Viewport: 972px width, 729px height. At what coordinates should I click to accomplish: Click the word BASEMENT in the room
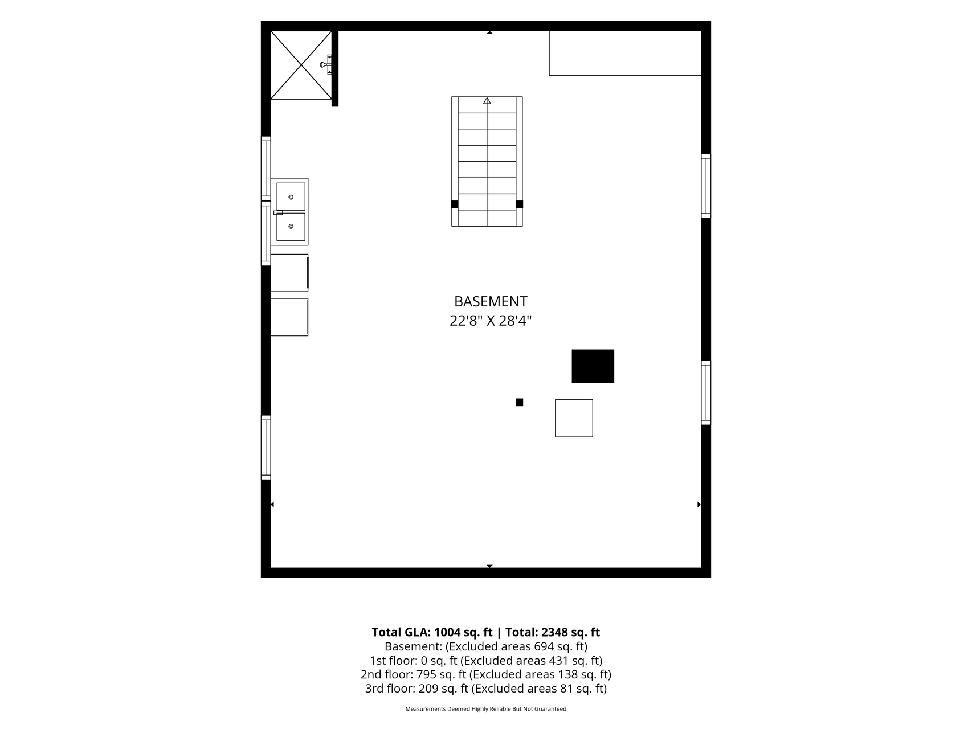click(491, 301)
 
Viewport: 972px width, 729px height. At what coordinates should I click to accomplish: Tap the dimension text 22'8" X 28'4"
click(491, 321)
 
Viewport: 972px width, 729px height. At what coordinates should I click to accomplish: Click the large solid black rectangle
click(593, 366)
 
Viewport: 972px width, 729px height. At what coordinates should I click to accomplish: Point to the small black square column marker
click(519, 402)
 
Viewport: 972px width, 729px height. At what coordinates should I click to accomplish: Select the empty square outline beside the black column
click(574, 418)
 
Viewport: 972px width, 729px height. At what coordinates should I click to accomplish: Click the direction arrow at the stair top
click(487, 101)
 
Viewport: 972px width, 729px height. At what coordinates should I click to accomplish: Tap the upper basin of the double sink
click(291, 196)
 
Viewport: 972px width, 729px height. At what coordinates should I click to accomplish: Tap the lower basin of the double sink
click(291, 227)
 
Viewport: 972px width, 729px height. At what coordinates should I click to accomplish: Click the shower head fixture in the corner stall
click(326, 65)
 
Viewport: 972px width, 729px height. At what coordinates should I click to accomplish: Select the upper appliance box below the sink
click(289, 273)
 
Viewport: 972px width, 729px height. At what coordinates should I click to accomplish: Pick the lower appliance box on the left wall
click(289, 317)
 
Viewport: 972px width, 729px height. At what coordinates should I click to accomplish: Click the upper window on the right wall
click(706, 186)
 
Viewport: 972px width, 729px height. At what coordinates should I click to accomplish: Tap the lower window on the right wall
click(706, 392)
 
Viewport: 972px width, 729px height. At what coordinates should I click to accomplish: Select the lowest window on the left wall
click(266, 448)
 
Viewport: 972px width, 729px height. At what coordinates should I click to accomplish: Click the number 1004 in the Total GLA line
click(448, 632)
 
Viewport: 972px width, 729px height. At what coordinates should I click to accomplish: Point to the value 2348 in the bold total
click(554, 632)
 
